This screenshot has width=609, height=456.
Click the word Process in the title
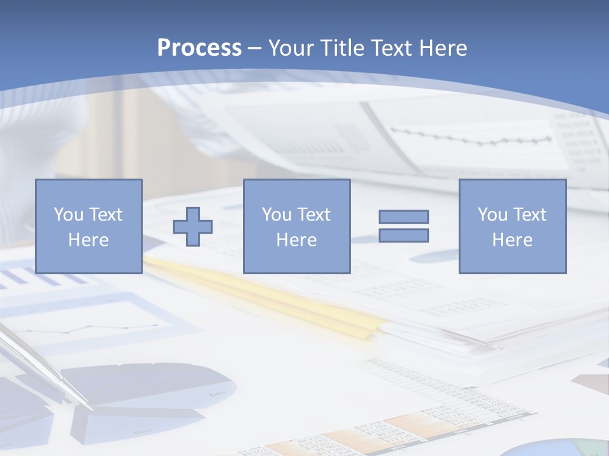[199, 48]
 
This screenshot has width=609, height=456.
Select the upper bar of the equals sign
[403, 217]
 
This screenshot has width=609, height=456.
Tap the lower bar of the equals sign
[403, 236]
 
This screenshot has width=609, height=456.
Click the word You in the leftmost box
[68, 215]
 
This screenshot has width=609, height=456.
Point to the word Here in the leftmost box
[88, 240]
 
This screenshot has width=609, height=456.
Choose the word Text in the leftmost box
[105, 215]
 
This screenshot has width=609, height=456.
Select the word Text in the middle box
[313, 215]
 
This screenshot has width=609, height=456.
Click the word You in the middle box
[276, 215]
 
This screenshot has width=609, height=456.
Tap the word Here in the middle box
[296, 240]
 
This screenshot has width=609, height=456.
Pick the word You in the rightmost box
[492, 215]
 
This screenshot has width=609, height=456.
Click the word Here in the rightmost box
[512, 240]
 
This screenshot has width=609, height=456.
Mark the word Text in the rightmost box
[529, 215]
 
